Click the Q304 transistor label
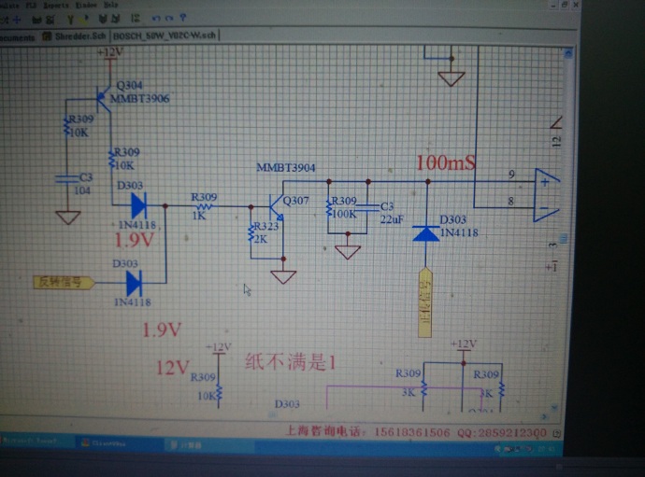(x=129, y=85)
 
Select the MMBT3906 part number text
(x=140, y=97)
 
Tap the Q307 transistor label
(x=295, y=201)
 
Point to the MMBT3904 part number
(x=286, y=168)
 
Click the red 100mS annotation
(x=446, y=162)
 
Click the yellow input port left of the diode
(x=62, y=281)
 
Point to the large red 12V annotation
(x=173, y=368)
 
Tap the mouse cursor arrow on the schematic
(x=247, y=289)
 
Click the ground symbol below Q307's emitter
(x=283, y=276)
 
